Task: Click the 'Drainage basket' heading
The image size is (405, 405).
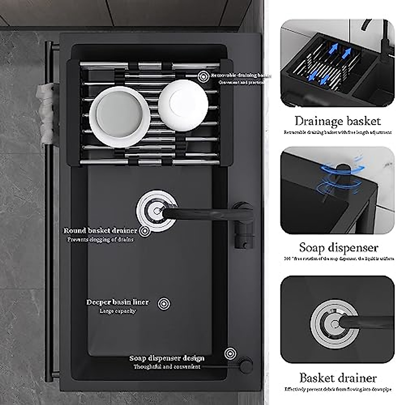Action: [337, 121]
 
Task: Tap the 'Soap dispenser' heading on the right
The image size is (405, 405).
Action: [338, 248]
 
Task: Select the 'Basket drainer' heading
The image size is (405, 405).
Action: [338, 378]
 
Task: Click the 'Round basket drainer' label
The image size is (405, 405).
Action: [101, 231]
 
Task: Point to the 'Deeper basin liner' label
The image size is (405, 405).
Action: [117, 302]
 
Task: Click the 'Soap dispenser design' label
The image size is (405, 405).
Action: [167, 358]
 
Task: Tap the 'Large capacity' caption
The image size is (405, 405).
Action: [117, 311]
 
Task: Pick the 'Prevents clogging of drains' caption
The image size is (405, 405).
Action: [100, 240]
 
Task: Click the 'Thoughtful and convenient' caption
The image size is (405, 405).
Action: [167, 367]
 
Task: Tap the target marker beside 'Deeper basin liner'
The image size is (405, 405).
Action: [164, 303]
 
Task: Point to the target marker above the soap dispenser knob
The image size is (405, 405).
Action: [230, 353]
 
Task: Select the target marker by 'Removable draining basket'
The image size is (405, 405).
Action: [203, 76]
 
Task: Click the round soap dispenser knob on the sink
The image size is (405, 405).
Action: [246, 365]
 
